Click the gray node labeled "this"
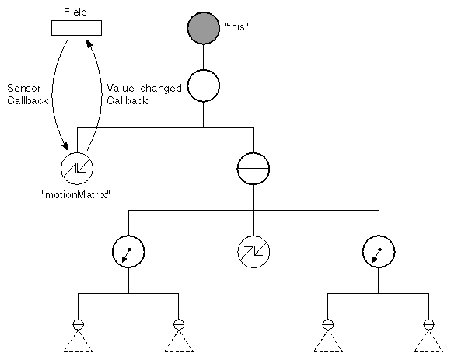coord(204,29)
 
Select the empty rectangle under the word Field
coord(76,29)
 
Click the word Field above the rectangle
coord(76,12)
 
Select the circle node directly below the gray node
coord(204,87)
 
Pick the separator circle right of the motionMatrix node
coord(253,167)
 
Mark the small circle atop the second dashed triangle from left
coord(179,323)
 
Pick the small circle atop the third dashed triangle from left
coord(328,323)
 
